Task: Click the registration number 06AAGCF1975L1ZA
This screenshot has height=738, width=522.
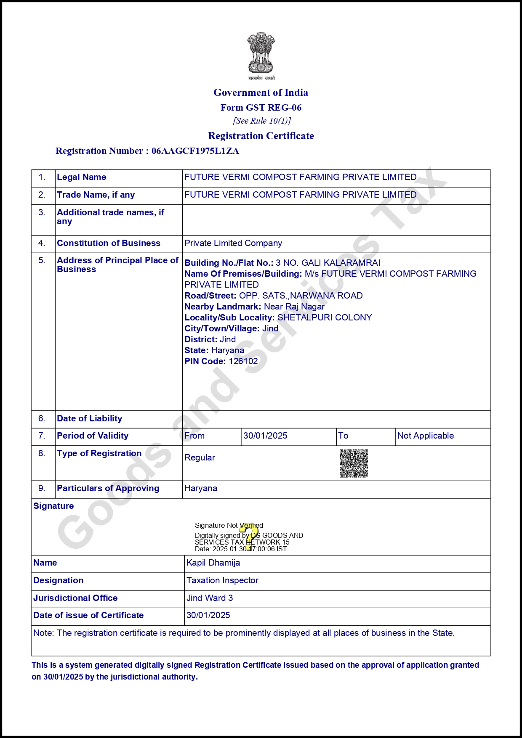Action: tap(195, 151)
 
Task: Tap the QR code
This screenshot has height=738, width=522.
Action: tap(354, 463)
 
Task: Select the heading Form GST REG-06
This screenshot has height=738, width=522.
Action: tap(261, 108)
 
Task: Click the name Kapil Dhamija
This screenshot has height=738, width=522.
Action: tap(213, 563)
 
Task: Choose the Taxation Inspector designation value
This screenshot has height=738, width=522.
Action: tap(222, 580)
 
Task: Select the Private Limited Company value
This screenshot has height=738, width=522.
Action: tap(233, 243)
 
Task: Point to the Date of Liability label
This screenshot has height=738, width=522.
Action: tap(90, 418)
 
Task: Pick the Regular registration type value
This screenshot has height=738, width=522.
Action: tap(200, 458)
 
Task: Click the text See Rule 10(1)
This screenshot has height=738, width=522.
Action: tap(262, 121)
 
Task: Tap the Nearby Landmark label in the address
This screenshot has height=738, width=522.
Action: tap(223, 307)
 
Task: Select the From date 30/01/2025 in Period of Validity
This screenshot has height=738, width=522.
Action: tap(265, 436)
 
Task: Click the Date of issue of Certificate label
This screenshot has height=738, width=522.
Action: tap(88, 615)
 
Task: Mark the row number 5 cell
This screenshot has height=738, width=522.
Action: tap(42, 260)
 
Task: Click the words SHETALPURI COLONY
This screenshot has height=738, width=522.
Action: tap(325, 317)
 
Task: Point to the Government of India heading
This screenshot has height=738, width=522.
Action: tap(261, 93)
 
